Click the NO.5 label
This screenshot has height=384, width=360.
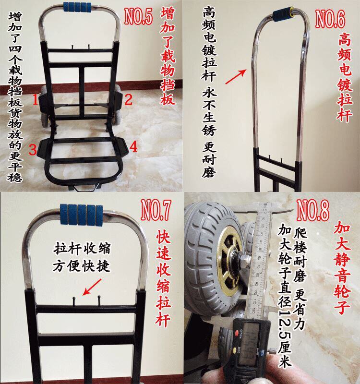pos(138,16)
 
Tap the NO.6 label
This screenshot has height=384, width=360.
pos(330,19)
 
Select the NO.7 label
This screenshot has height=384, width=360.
pos(156,210)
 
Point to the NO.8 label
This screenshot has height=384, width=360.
pos(313,210)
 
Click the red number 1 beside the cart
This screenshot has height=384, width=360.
pos(35,100)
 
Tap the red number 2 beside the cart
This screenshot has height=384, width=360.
pos(128,100)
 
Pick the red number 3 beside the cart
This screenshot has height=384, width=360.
pos(33,150)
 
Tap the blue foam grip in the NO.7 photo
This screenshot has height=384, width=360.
pos(82,215)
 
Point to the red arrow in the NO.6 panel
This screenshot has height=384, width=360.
pos(236,77)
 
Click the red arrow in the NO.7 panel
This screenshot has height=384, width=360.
pos(92,287)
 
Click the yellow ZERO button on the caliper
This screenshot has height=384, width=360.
pos(238,350)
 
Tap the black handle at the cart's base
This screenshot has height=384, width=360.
pos(84,188)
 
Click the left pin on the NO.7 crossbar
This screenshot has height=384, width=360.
pos(74,301)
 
